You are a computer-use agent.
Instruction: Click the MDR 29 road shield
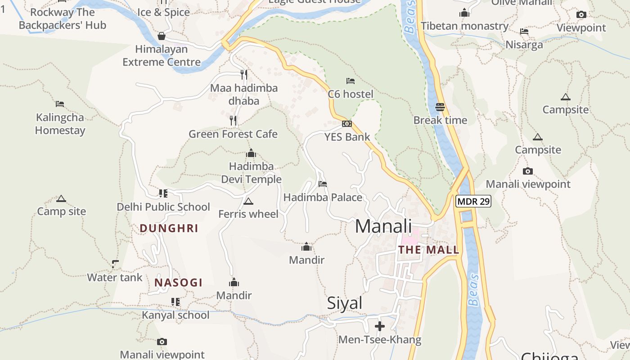473,201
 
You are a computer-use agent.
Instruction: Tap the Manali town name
383,226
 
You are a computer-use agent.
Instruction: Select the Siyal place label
345,303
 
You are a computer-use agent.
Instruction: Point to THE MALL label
428,250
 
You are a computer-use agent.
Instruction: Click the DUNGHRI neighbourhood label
169,228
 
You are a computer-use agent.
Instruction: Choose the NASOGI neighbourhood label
178,283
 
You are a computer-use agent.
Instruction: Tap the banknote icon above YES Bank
347,124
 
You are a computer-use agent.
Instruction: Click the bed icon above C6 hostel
351,81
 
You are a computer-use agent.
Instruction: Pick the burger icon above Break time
440,107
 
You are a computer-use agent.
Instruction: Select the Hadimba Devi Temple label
251,173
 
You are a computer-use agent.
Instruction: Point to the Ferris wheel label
248,214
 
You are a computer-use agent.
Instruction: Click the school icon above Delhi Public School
163,193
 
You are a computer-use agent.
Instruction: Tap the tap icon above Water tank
115,264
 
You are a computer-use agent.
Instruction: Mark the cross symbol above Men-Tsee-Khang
380,326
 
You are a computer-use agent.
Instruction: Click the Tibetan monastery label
464,26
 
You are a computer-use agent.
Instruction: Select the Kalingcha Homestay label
60,124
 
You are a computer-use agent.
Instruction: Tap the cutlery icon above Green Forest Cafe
233,120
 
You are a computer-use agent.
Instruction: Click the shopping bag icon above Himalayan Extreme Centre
162,36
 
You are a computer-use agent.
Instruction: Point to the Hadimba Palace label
323,197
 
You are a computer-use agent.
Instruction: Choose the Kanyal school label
175,315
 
